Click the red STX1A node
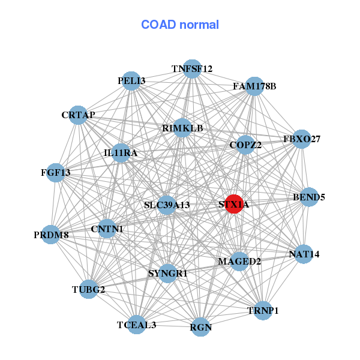click(x=233, y=204)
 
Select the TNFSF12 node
click(x=192, y=69)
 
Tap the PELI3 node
click(x=131, y=81)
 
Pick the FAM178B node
click(x=254, y=86)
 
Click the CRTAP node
click(x=79, y=115)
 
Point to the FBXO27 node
click(x=301, y=139)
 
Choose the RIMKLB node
click(x=182, y=128)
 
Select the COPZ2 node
click(x=245, y=145)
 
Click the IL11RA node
click(x=121, y=153)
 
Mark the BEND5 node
click(x=308, y=197)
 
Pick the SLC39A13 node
click(x=167, y=205)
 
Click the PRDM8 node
click(x=52, y=235)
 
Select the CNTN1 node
click(x=107, y=229)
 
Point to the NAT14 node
click(x=304, y=254)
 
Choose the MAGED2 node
click(x=239, y=261)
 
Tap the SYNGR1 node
click(x=168, y=274)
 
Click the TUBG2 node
click(x=89, y=290)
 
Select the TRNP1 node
click(x=263, y=310)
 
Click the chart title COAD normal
click(x=180, y=25)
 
